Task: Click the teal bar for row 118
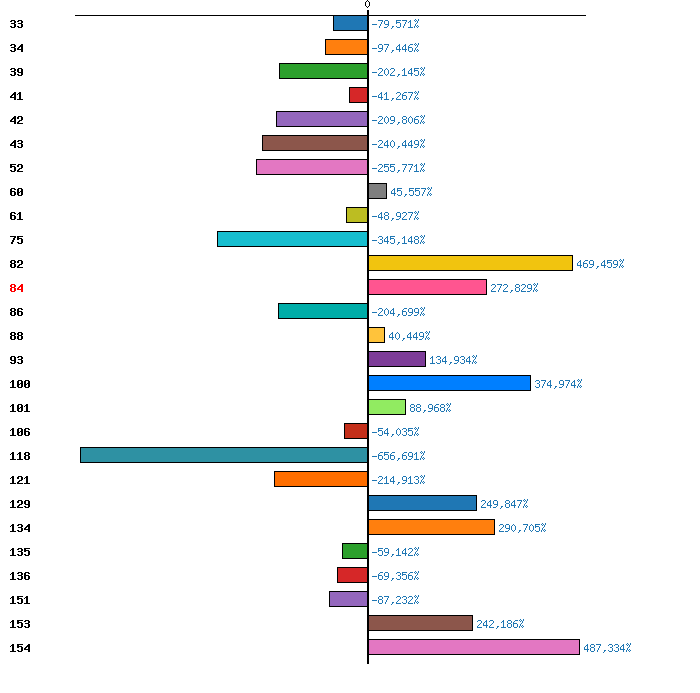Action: point(224,455)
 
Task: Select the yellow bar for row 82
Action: point(470,263)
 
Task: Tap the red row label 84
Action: point(17,288)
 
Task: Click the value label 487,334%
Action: point(607,648)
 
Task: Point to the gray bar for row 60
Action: point(377,191)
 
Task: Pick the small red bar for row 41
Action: point(358,95)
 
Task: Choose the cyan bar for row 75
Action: point(292,239)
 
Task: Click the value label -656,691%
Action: point(398,456)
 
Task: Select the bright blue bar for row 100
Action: point(449,383)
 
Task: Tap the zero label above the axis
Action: point(367,4)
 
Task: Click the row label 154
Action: point(20,648)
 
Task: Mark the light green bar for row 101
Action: point(387,407)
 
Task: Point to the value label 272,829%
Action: point(514,288)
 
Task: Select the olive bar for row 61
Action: point(357,215)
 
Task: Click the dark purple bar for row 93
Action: point(396,359)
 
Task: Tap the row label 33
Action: point(17,24)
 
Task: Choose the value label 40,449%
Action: point(409,336)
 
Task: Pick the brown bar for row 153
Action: point(420,623)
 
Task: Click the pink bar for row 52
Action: point(312,167)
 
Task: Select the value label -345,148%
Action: point(398,240)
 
